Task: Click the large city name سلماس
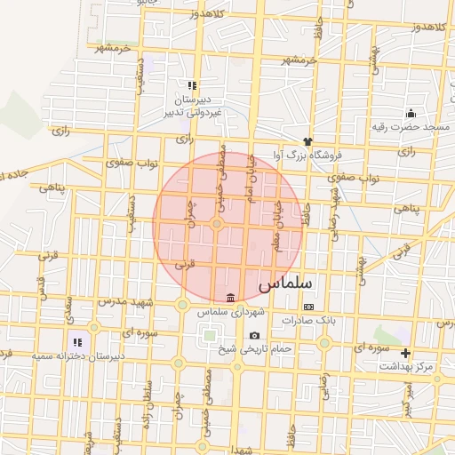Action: tap(286, 284)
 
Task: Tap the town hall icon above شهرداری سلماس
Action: tap(231, 298)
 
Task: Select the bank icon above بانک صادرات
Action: tap(308, 307)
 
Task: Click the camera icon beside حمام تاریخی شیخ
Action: tap(255, 335)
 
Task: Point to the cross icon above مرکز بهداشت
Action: tap(406, 354)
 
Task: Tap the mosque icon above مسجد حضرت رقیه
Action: tap(411, 114)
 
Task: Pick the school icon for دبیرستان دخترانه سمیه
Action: tap(77, 342)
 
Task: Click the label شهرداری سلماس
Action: tap(231, 312)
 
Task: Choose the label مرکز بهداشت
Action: tap(405, 366)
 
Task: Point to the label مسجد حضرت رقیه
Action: tap(411, 127)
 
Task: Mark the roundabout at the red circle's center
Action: tap(217, 223)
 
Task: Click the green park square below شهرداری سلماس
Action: tap(209, 336)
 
